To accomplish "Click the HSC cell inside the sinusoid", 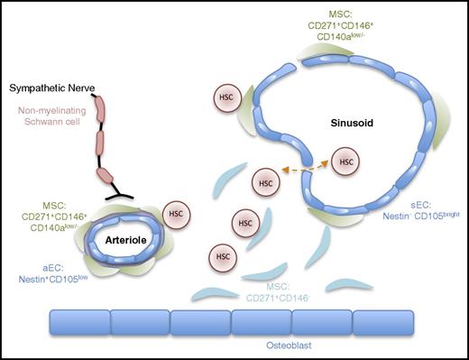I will (345, 163).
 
